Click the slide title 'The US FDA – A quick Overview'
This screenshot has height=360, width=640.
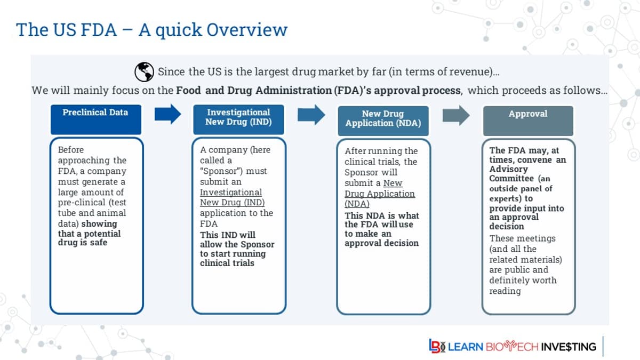point(151,29)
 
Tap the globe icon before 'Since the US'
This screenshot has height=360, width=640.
point(143,71)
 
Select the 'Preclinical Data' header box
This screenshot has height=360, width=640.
point(95,119)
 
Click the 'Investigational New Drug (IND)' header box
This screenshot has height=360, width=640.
point(238,119)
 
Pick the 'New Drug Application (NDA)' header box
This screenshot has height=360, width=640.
point(383,120)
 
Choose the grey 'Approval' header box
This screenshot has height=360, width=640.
point(527,120)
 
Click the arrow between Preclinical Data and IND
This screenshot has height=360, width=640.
point(168,114)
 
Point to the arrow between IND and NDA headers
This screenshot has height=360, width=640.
point(311,114)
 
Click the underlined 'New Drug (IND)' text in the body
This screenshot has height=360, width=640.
point(232,203)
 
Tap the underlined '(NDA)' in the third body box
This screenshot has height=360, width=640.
point(357,204)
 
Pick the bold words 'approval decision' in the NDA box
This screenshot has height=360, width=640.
point(381,243)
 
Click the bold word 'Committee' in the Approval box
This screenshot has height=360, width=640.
point(511,179)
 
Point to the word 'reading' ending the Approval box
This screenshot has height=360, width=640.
point(505,291)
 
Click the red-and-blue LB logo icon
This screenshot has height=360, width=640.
point(437,346)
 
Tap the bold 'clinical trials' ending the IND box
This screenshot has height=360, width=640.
point(227,263)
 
